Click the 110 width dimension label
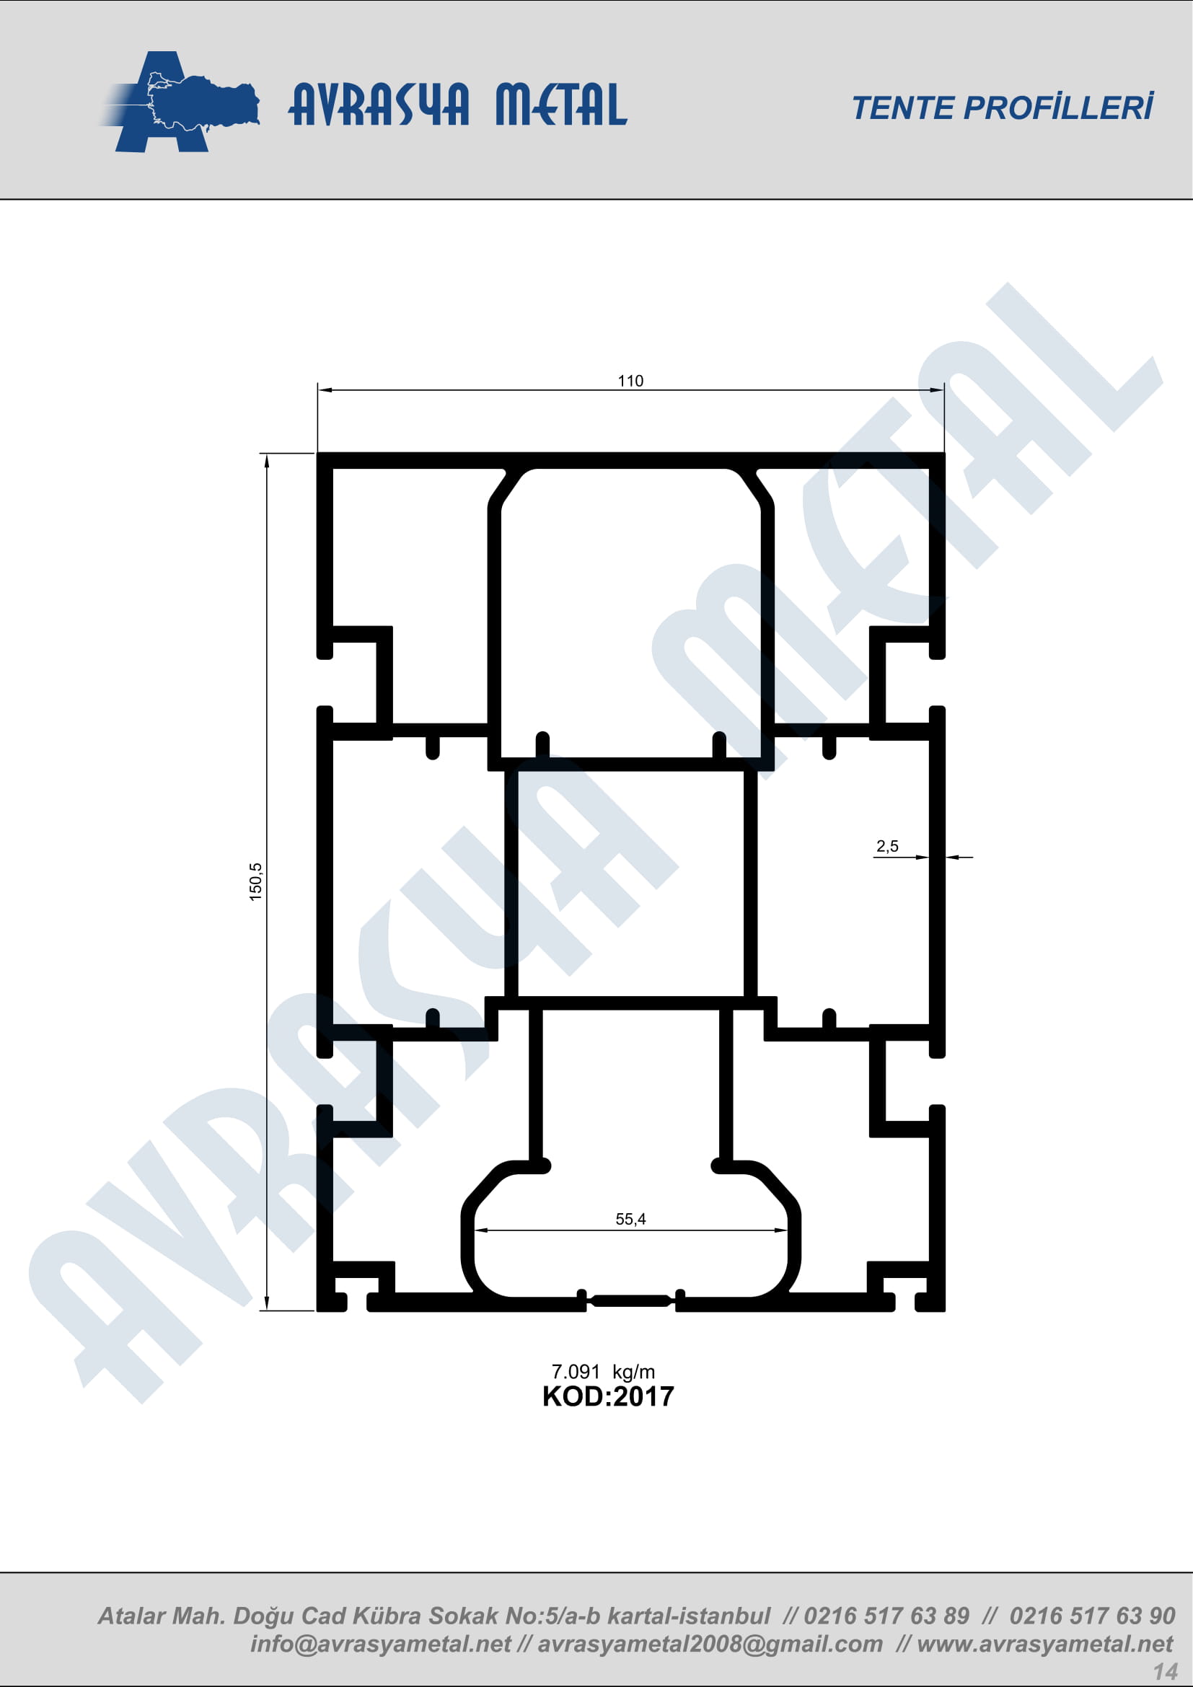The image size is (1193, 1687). (x=630, y=381)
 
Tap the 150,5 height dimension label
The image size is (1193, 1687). (x=255, y=881)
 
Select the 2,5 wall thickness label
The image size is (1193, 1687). (x=887, y=847)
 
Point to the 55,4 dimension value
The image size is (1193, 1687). (x=630, y=1220)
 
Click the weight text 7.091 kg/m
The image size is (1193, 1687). (x=603, y=1372)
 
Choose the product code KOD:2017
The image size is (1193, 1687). (x=607, y=1397)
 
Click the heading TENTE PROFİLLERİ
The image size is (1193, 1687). (x=1003, y=107)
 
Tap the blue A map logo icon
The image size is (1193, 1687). (x=180, y=102)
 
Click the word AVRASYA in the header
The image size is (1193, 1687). (x=379, y=105)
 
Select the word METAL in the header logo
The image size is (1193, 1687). (x=561, y=105)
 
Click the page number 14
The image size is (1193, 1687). (x=1165, y=1672)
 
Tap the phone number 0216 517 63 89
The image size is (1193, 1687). (x=886, y=1616)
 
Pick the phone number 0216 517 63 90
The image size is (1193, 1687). (x=1092, y=1616)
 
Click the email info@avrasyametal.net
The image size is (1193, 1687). (x=380, y=1644)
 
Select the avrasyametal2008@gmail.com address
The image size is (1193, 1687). (x=710, y=1644)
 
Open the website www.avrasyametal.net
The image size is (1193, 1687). (x=1044, y=1644)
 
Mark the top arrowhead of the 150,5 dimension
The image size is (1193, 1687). (x=267, y=461)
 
